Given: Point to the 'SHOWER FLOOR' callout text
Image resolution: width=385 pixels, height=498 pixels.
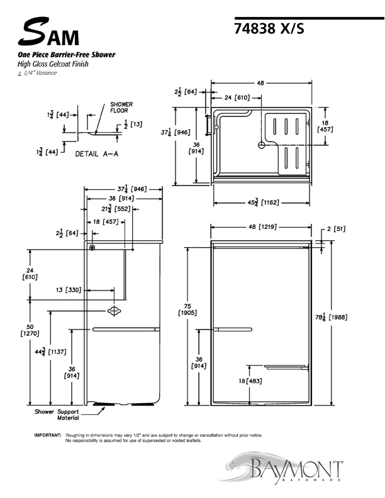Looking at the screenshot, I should (x=121, y=107).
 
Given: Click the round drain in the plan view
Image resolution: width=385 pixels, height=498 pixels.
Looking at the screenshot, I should (x=260, y=144).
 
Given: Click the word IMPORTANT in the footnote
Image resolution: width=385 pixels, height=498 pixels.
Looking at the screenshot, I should (x=47, y=435).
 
